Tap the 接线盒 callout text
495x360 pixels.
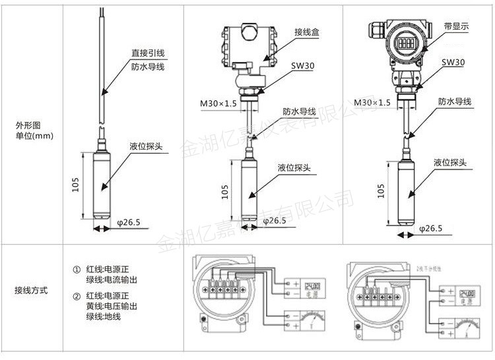point(307,32)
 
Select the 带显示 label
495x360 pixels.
point(455,27)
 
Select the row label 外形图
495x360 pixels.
point(28,125)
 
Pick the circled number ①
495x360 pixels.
point(76,270)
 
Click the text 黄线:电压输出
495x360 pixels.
point(111,306)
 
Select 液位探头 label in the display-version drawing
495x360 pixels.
point(451,162)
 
